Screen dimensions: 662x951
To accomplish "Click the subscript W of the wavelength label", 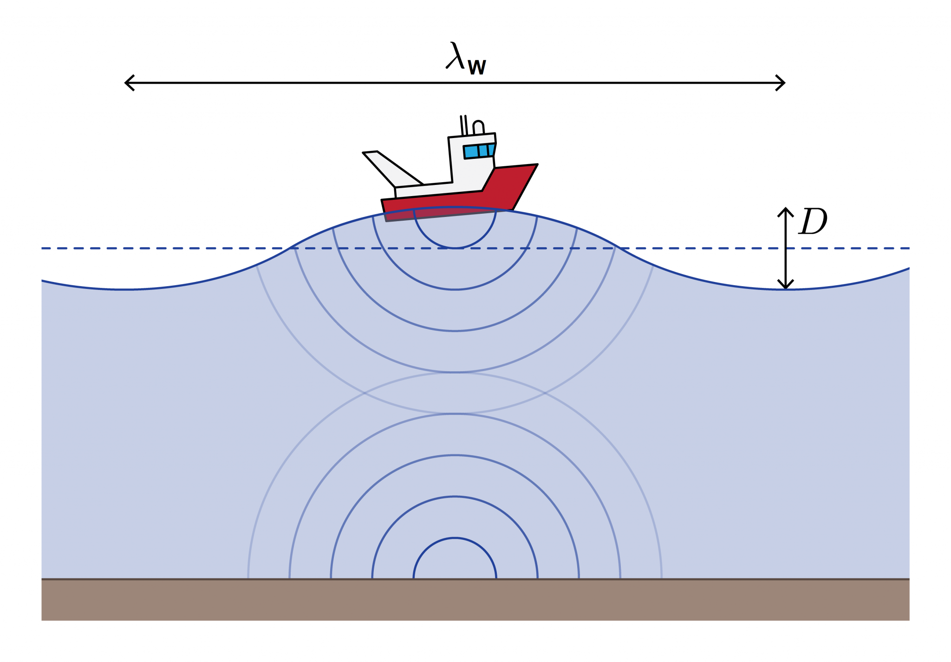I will tap(477, 68).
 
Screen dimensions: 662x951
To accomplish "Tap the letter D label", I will tap(813, 221).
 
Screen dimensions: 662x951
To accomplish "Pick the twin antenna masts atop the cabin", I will tap(463, 125).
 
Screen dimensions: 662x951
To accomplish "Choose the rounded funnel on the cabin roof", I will tap(478, 128).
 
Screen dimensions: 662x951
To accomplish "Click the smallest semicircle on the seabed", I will tap(455, 538).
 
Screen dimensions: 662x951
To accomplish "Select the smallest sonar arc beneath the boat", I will tap(455, 247).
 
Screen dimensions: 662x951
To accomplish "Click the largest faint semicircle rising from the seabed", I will tap(455, 373).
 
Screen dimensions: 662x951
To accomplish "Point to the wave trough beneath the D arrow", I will tap(785, 289).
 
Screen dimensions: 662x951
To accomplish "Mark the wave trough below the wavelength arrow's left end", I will tap(125, 289).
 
